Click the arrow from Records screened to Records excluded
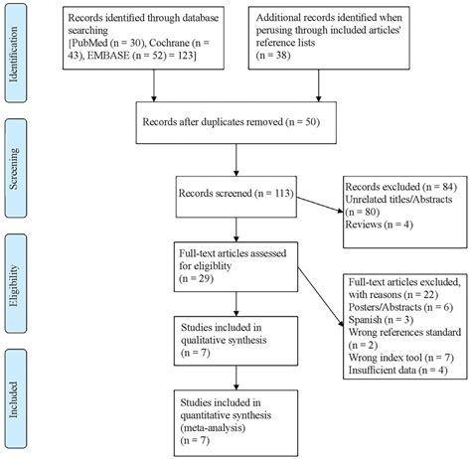[313, 209]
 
